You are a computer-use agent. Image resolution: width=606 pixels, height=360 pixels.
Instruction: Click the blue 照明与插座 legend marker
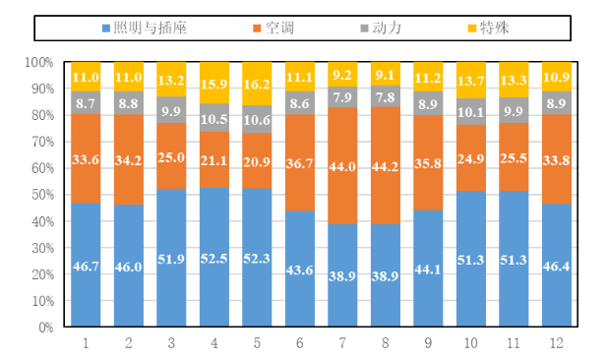point(106,29)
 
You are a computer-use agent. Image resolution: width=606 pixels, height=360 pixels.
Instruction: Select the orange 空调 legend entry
point(273,29)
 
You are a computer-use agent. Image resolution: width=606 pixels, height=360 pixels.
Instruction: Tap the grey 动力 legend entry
point(381,29)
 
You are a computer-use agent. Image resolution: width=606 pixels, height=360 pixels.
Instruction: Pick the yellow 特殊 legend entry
point(488,29)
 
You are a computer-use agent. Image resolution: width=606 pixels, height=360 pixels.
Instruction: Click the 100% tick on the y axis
point(39,62)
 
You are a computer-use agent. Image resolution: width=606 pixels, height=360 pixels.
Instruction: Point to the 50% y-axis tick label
point(42,195)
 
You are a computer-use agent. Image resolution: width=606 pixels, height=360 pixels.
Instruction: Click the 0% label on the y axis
point(45,328)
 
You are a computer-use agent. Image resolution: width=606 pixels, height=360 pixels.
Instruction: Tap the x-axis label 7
point(342,343)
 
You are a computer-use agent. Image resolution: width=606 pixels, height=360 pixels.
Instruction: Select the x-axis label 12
point(557,343)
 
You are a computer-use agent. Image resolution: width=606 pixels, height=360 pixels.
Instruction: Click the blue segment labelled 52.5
point(214,258)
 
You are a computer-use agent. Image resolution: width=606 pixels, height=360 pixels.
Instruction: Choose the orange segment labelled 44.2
point(386,165)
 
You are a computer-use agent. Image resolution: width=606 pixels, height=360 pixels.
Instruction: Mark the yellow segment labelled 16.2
point(257,84)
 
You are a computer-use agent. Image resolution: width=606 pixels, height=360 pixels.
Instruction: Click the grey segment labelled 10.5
point(214,118)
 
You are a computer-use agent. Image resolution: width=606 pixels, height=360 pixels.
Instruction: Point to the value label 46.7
point(86,267)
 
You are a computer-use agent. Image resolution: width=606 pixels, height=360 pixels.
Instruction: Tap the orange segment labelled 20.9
point(257,160)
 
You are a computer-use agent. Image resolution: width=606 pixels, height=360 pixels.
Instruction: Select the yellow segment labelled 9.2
point(342,74)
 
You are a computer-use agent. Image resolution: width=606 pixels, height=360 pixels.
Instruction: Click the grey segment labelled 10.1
point(471,111)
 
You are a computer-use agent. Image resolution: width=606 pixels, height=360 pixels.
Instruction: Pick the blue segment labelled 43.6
point(300,269)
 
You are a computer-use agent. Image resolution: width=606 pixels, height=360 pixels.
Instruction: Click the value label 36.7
point(299,163)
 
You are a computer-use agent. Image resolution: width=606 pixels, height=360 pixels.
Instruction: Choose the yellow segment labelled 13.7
point(471,80)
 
